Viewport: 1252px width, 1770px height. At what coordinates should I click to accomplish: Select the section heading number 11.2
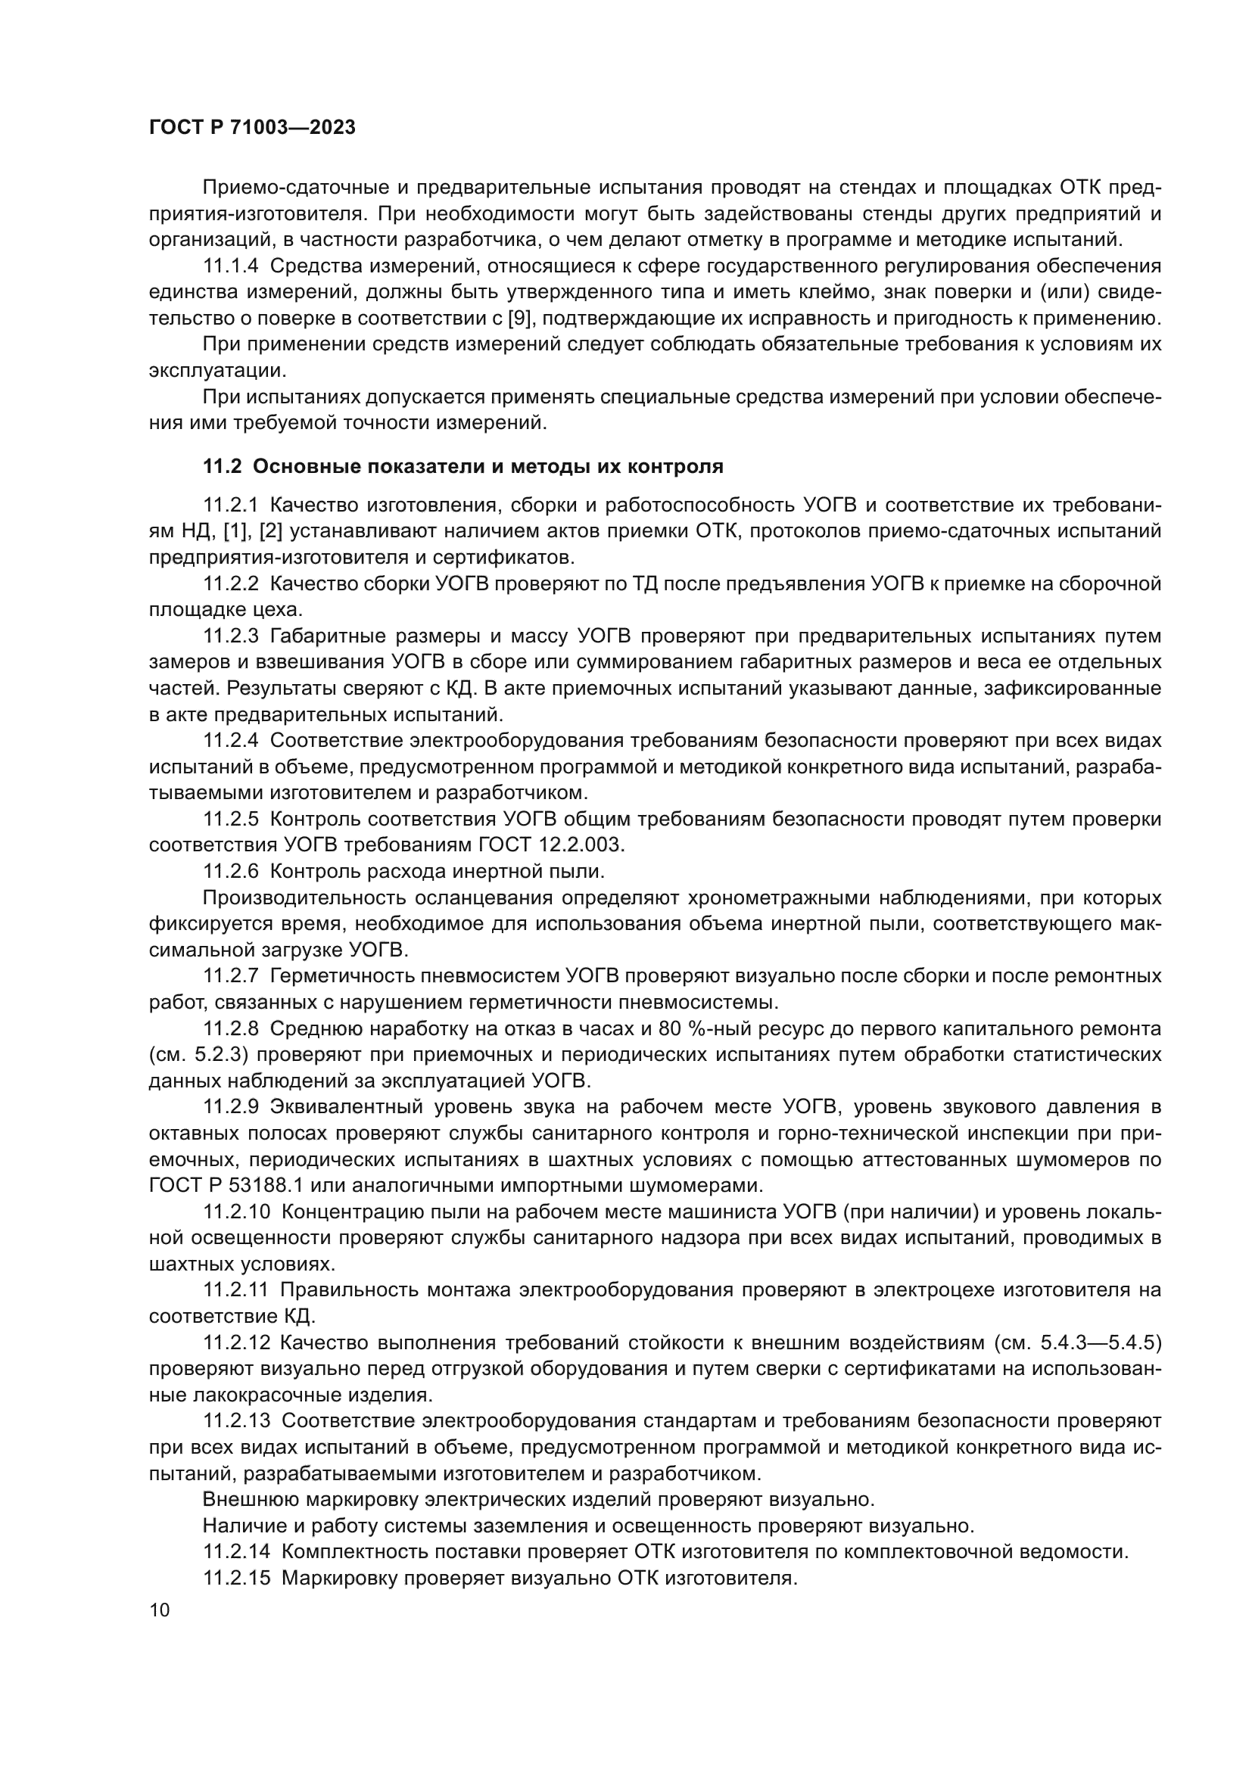[223, 467]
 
